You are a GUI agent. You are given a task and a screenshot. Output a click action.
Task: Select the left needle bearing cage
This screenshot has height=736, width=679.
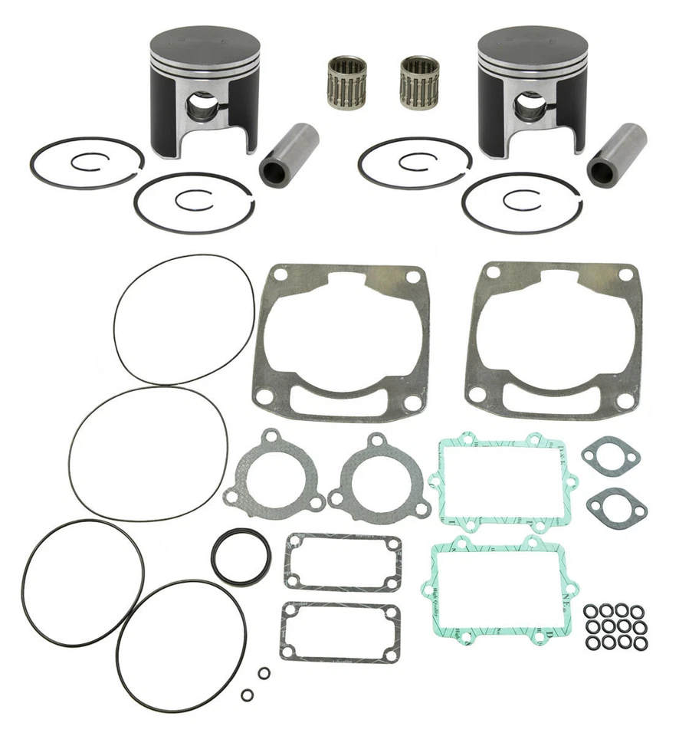point(347,81)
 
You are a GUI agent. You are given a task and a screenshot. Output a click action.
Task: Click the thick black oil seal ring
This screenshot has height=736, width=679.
point(240,557)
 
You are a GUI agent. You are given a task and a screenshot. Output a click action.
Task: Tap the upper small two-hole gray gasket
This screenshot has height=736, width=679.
point(611,454)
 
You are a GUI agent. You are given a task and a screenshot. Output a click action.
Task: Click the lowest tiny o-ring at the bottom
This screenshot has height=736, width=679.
point(248,695)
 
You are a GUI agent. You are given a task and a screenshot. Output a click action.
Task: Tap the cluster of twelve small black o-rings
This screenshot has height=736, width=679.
point(615,627)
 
